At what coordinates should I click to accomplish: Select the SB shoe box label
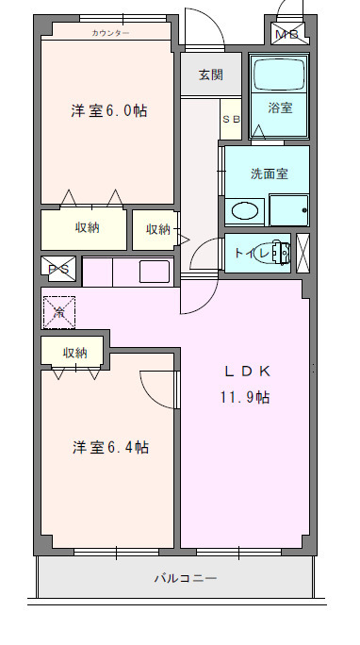pos(231,119)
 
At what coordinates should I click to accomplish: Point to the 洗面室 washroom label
pos(268,174)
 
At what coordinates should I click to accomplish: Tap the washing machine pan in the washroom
pos(289,208)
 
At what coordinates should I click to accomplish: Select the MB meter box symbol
pos(286,35)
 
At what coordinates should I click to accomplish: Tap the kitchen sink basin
pos(155,272)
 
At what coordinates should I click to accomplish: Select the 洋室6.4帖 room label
pos(110,447)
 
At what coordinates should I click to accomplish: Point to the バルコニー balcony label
pos(186,578)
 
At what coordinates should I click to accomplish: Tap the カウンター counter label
pos(111,33)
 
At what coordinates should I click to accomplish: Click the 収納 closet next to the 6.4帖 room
pos(75,353)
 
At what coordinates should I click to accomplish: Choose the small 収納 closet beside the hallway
pos(157,229)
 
